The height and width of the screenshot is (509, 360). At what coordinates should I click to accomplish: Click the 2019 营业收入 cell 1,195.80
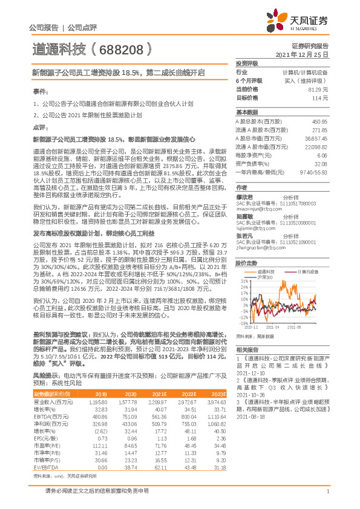(97, 401)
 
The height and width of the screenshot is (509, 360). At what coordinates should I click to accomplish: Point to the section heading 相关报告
(246, 350)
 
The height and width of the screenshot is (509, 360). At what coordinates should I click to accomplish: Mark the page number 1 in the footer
(327, 496)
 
